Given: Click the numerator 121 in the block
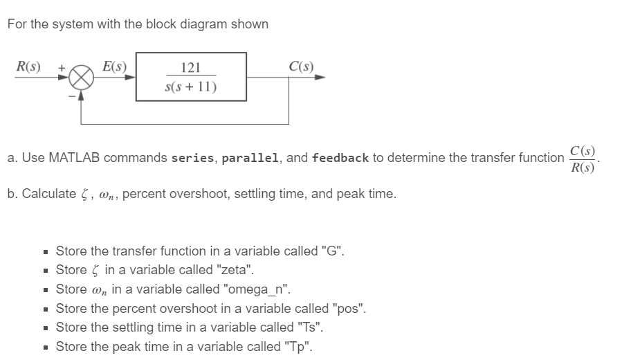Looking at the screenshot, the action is [190, 67].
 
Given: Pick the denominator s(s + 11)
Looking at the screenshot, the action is [190, 87].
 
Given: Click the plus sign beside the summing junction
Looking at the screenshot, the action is [62, 69].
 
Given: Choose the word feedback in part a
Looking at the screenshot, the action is [340, 158].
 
